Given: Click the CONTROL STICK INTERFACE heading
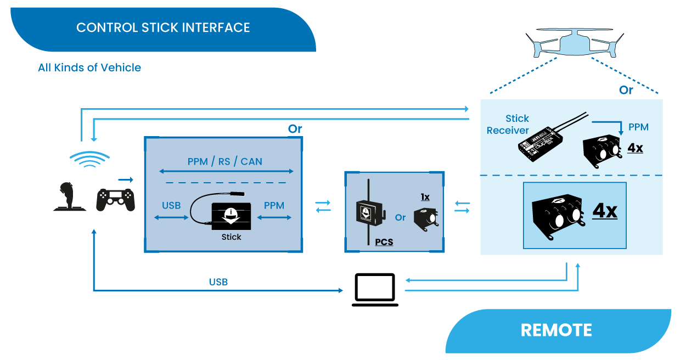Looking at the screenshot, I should coord(163,27).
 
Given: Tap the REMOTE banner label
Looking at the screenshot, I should coord(556,330).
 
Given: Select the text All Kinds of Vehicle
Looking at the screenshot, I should coord(89,67).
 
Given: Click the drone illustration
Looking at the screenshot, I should coord(575,43).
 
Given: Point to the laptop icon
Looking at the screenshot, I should coord(375,289).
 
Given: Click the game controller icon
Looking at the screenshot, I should coord(115,200).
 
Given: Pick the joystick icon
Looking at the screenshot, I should coord(69,197).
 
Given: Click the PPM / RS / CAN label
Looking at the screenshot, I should coord(224,161).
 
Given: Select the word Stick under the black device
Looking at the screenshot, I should coord(231,237).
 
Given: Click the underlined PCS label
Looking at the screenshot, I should coord(384,241).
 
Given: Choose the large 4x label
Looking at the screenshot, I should coord(605,211).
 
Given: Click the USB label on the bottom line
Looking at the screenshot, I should coord(218,282).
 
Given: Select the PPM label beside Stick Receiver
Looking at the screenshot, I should coord(638,127).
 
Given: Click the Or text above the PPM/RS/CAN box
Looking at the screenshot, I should coord(295,129).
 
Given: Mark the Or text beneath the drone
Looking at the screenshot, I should coord(626,90).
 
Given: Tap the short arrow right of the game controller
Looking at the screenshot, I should coord(126,179).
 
